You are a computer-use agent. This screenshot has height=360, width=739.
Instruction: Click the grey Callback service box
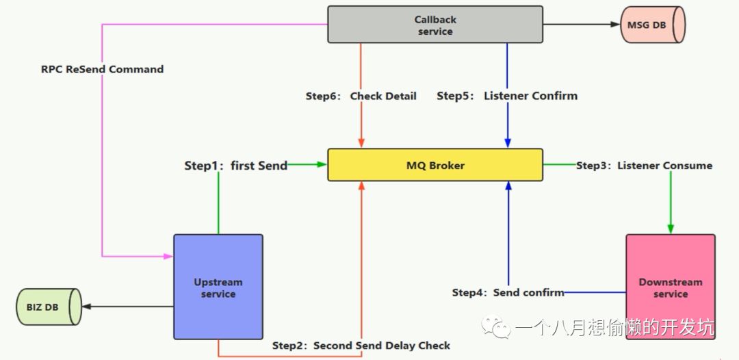tap(435, 25)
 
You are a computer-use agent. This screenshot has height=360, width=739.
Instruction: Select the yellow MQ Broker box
tap(435, 165)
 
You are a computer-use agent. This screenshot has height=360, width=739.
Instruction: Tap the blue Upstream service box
tap(218, 287)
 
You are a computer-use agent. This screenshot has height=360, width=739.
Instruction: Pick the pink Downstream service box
tap(670, 287)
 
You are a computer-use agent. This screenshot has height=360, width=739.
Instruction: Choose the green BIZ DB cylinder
tap(48, 307)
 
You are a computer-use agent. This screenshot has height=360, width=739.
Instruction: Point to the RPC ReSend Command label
tap(102, 69)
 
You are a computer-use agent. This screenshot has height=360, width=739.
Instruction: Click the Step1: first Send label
tap(235, 166)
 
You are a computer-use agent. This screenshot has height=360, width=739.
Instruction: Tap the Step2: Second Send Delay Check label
tap(361, 346)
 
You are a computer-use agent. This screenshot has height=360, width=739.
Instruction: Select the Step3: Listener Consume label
tap(644, 166)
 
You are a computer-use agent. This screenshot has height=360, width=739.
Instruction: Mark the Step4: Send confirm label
tap(508, 292)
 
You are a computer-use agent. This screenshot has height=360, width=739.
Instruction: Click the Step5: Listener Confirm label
tap(507, 96)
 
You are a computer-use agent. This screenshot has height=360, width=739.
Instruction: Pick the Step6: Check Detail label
tap(361, 97)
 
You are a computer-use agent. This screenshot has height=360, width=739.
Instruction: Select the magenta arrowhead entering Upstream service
tap(168, 257)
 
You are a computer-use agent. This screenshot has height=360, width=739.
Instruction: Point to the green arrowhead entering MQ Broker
tap(322, 164)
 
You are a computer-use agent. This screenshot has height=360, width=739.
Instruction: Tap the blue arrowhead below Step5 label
tap(508, 142)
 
